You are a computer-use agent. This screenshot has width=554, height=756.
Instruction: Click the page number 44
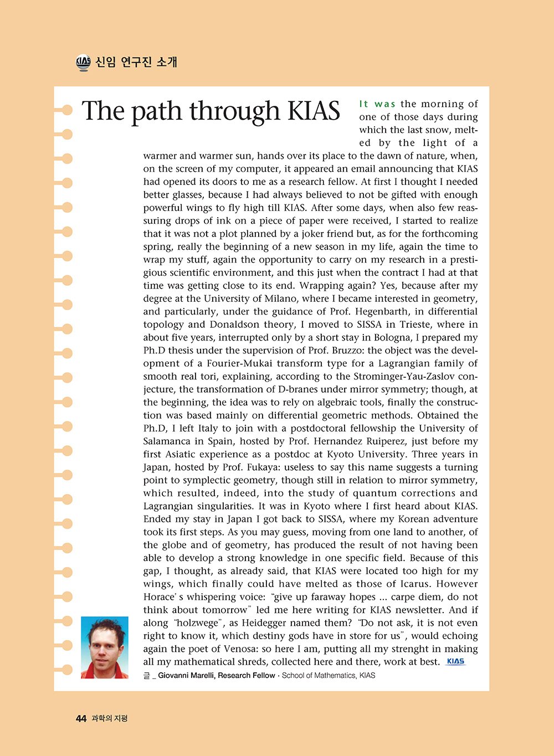point(81,718)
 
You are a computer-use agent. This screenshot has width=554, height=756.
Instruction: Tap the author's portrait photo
point(105,647)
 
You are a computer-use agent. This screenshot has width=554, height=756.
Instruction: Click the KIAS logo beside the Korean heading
point(83,63)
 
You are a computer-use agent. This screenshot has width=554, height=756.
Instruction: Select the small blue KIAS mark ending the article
point(455,661)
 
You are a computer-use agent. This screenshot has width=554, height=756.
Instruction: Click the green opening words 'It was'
point(377,104)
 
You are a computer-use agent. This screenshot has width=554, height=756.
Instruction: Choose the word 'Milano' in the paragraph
point(280,299)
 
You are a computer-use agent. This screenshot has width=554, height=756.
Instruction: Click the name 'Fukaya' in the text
point(267,467)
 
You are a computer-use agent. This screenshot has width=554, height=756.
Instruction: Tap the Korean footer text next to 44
point(110,719)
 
